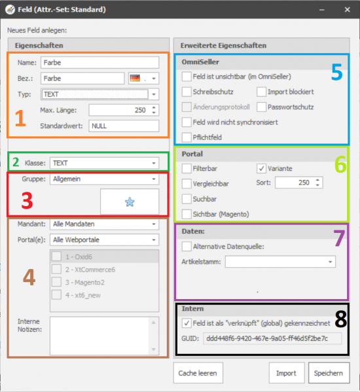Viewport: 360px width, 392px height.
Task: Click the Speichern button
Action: pos(329,373)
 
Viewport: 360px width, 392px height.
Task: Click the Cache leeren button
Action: pos(198,373)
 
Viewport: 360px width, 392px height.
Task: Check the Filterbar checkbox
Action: pos(187,168)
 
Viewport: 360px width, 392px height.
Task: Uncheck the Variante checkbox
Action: pos(261,168)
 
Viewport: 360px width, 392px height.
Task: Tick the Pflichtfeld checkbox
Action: pos(187,137)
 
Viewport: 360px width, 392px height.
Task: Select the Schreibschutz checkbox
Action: pos(187,92)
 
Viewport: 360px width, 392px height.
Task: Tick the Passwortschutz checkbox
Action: pos(261,107)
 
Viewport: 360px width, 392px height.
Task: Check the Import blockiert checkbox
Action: pos(261,92)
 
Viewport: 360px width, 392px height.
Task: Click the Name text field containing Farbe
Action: pos(99,63)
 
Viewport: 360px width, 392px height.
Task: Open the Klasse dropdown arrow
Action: pos(154,163)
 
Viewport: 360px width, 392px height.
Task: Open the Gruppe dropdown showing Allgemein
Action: pos(104,179)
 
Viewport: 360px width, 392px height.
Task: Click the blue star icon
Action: pos(130,202)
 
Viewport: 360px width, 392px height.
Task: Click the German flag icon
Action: pos(135,79)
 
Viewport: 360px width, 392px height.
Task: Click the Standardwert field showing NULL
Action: pos(124,126)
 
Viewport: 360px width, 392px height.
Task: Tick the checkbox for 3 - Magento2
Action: pos(56,282)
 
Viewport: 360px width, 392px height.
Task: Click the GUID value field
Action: pos(272,338)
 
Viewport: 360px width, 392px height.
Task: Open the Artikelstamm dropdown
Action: pos(280,262)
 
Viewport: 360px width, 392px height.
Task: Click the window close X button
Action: pos(348,10)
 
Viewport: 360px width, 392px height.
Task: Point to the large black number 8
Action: pos(341,319)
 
